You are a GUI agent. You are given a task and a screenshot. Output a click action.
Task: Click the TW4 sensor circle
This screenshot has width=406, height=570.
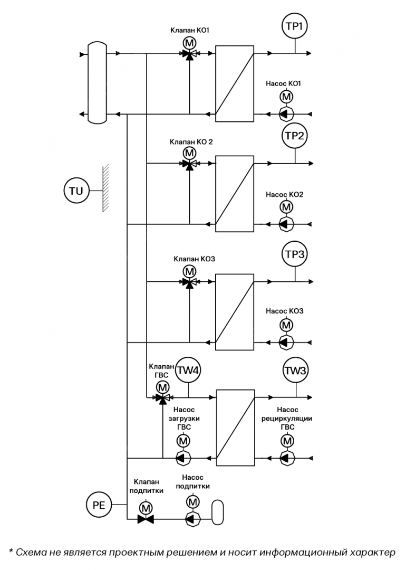pyautogui.click(x=188, y=371)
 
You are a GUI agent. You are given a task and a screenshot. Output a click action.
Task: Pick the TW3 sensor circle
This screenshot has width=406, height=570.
pyautogui.click(x=295, y=371)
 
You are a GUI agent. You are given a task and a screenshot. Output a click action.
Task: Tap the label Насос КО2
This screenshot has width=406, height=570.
pyautogui.click(x=284, y=195)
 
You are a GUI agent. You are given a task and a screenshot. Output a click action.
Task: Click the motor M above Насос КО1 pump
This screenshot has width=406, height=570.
pyautogui.click(x=286, y=97)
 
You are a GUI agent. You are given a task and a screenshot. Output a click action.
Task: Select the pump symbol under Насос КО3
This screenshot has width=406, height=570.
pyautogui.click(x=286, y=343)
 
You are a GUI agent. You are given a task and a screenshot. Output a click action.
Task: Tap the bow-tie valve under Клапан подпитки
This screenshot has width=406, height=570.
pyautogui.click(x=145, y=520)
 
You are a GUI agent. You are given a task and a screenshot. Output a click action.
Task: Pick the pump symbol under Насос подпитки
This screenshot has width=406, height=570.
pyautogui.click(x=193, y=519)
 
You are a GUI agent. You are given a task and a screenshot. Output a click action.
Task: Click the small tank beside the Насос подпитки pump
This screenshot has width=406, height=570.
pyautogui.click(x=218, y=512)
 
